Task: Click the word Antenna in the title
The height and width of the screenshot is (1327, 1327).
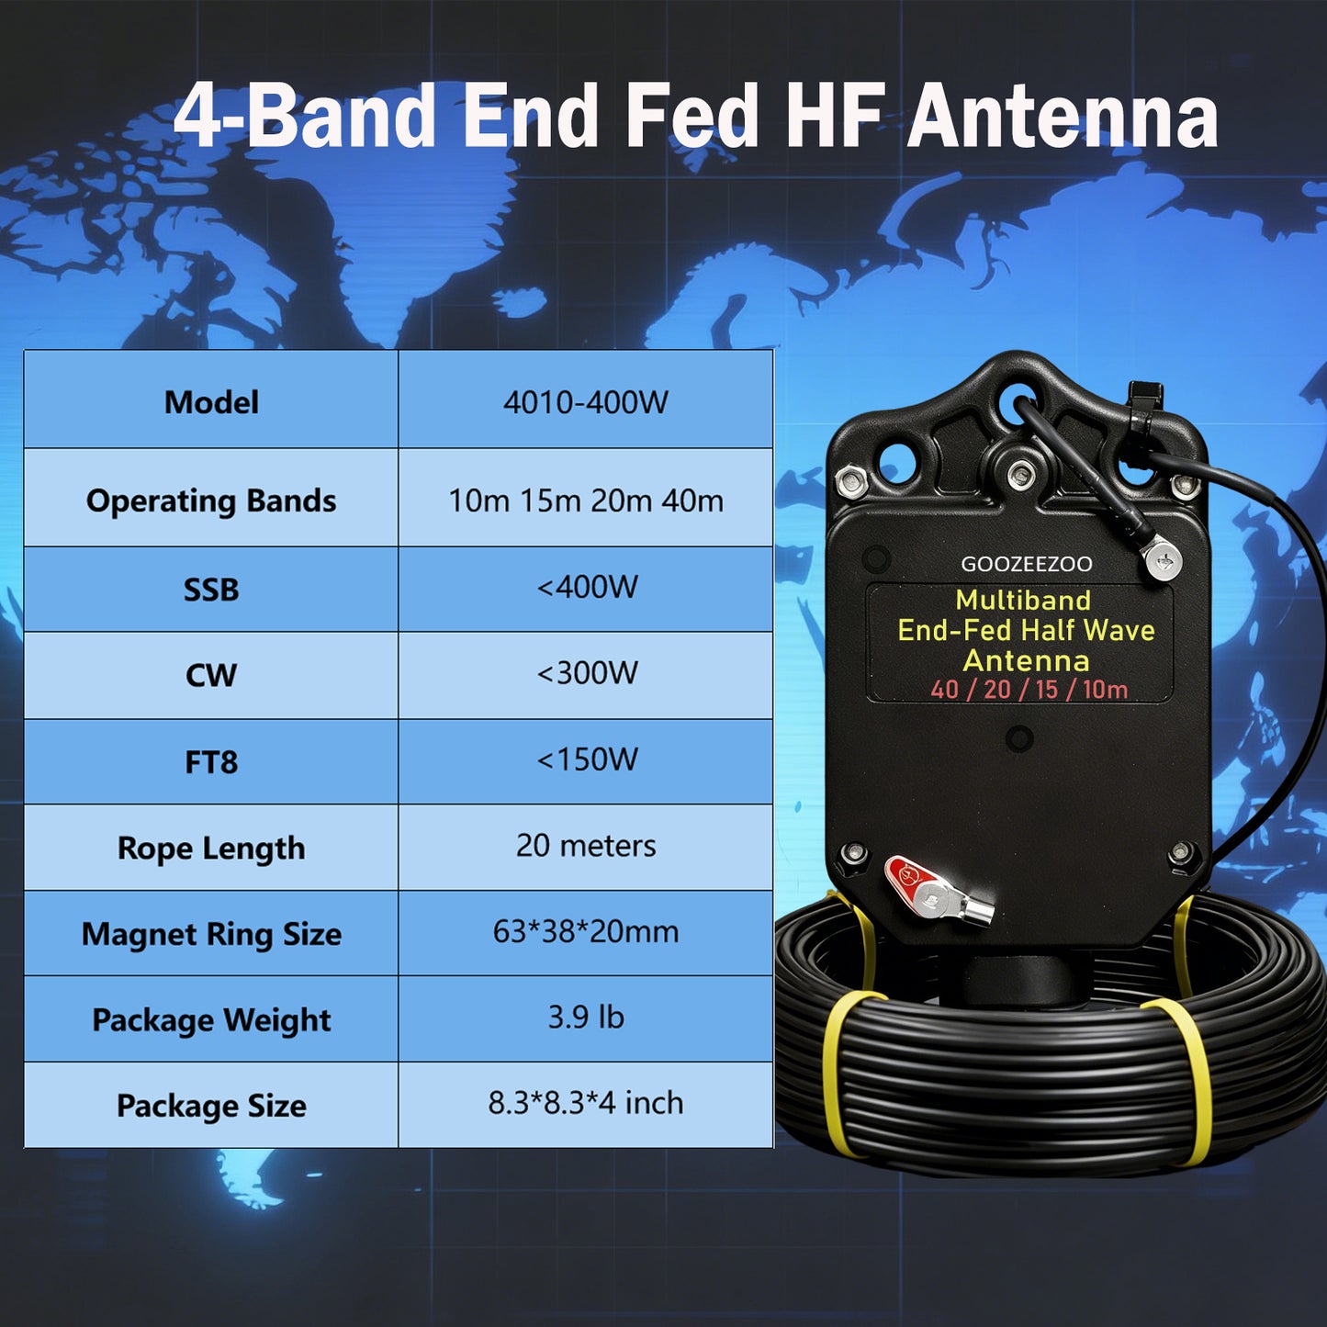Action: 1063,116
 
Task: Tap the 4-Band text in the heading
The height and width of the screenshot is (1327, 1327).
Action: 304,116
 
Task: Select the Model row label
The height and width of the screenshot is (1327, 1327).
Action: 211,402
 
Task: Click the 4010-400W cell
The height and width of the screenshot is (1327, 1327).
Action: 586,402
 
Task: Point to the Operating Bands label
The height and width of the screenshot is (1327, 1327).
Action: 211,500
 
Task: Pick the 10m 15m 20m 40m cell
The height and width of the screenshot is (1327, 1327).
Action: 586,500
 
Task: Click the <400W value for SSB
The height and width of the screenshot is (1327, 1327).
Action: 587,587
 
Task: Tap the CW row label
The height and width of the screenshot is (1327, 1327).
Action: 211,676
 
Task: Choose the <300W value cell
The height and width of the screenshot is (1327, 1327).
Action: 587,673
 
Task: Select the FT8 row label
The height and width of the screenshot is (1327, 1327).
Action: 211,762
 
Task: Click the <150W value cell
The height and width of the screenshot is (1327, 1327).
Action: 587,759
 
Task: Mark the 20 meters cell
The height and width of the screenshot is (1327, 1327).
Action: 586,846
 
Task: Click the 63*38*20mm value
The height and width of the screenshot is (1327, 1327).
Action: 586,932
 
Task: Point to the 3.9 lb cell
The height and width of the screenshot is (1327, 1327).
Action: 586,1018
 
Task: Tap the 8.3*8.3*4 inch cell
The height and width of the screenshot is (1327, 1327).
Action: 586,1103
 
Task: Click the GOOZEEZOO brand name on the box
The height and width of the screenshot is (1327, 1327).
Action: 1027,564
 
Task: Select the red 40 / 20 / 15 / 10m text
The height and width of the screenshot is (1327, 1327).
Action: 1029,690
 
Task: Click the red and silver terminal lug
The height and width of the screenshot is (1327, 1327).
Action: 937,891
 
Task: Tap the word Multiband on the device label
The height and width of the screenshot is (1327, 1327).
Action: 1023,601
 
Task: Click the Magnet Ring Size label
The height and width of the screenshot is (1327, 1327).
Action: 211,935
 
